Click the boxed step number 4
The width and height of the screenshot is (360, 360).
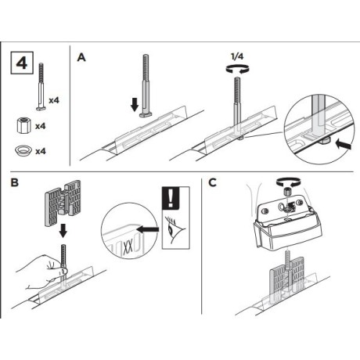[x=22, y=63]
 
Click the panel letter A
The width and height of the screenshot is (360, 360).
[x=81, y=57]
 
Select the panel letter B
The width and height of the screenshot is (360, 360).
[x=15, y=182]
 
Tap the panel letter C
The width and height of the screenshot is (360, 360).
[x=213, y=183]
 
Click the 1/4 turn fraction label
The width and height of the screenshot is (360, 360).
[x=237, y=56]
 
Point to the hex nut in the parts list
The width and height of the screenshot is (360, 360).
[x=23, y=126]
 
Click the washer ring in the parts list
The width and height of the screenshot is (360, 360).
[x=23, y=151]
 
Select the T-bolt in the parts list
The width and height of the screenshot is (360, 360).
[x=41, y=87]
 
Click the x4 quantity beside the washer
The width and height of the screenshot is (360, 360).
[x=41, y=151]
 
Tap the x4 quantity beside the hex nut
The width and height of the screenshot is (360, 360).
[x=41, y=126]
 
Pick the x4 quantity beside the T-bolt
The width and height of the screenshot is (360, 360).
[x=54, y=100]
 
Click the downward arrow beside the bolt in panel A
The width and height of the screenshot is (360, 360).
[x=135, y=104]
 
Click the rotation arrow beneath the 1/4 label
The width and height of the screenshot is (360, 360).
[x=237, y=69]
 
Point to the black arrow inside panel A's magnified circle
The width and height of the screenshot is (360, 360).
[x=344, y=144]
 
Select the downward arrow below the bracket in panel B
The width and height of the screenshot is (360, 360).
[x=63, y=230]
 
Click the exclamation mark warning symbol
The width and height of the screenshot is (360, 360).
[x=171, y=198]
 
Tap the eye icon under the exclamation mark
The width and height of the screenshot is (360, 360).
[x=174, y=228]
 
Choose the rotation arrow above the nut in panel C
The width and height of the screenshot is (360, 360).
[x=287, y=182]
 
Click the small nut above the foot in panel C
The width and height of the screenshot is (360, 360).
[x=287, y=193]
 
